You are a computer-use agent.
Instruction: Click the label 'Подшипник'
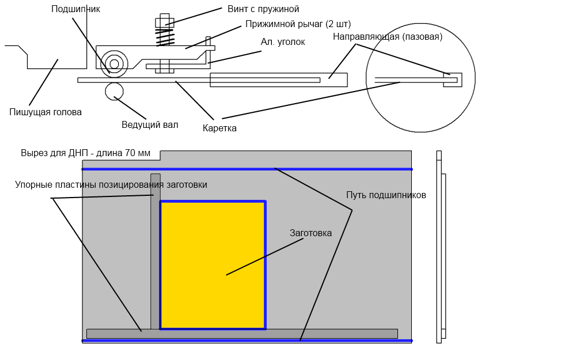pos(75,9)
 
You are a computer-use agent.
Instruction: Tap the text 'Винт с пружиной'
pos(263,9)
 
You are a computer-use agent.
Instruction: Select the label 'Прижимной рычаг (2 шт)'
pos(298,24)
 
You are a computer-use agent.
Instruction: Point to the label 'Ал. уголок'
pos(283,42)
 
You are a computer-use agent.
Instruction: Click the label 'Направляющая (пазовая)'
pos(388,37)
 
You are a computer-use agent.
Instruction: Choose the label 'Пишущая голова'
pos(46,112)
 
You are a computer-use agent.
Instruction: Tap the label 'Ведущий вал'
pos(150,125)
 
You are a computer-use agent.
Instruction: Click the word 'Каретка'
pos(219,128)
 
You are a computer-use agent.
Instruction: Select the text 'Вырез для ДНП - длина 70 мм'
pos(85,153)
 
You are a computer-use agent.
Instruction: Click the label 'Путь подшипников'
pos(386,195)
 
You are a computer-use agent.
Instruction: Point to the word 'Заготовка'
pos(310,233)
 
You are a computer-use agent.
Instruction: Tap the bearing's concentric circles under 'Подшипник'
pos(114,64)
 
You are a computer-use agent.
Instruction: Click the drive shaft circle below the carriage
pos(114,91)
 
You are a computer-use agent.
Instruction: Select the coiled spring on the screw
pos(165,38)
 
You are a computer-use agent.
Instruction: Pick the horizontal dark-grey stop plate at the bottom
pos(242,334)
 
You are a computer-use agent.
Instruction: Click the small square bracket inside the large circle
pos(453,80)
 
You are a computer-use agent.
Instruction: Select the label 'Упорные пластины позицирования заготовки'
pos(111,185)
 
